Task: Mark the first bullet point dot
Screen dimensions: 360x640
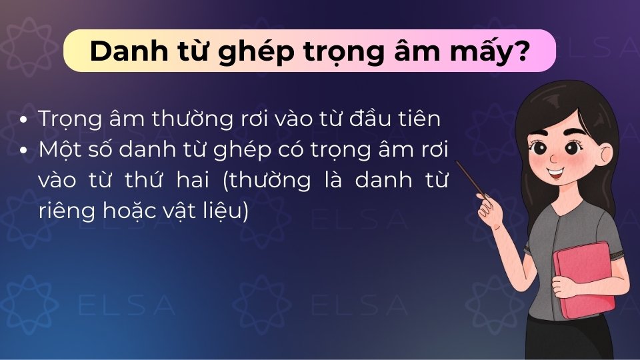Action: (x=25, y=121)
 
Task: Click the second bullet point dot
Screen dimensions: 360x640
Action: (x=25, y=151)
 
